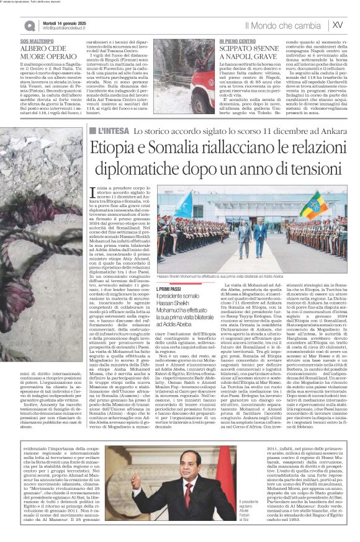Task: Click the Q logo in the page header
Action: pyautogui.click(x=30, y=25)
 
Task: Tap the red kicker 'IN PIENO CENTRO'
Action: pyautogui.click(x=237, y=40)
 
